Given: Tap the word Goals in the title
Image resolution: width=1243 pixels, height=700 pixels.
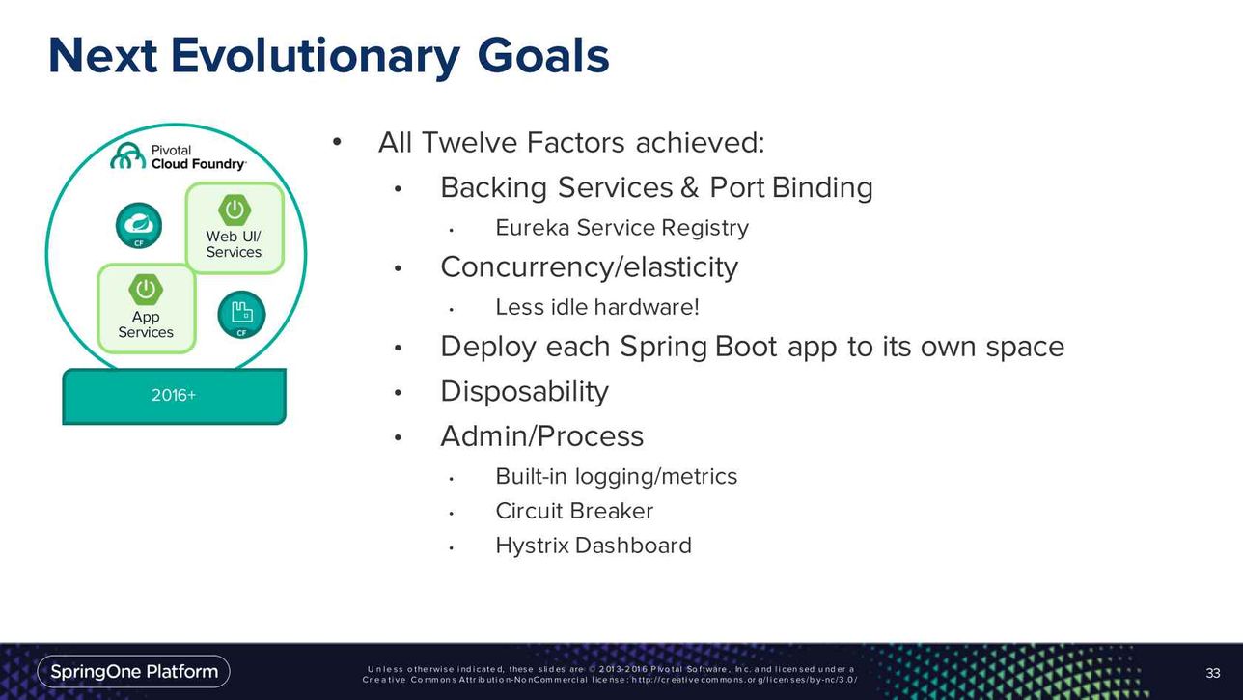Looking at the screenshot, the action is pyautogui.click(x=543, y=55).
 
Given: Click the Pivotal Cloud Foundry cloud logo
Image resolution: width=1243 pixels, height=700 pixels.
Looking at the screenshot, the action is pyautogui.click(x=128, y=155).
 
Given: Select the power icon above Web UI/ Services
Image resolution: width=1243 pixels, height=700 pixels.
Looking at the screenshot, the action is pyautogui.click(x=235, y=210).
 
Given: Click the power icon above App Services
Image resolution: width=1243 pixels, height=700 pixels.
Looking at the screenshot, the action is pyautogui.click(x=146, y=290).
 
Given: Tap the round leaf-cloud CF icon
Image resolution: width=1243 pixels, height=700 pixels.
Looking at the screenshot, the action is pyautogui.click(x=139, y=225).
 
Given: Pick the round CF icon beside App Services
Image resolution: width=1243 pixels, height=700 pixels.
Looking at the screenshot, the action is pyautogui.click(x=241, y=315).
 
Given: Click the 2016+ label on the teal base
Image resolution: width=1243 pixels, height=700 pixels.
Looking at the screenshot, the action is pyautogui.click(x=174, y=395).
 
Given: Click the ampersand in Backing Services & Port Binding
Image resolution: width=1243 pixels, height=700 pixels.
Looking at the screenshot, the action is pyautogui.click(x=689, y=187).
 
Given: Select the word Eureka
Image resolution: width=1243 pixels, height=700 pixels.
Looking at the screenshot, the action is pyautogui.click(x=532, y=228).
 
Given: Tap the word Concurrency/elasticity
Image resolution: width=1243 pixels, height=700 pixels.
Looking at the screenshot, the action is pyautogui.click(x=590, y=267).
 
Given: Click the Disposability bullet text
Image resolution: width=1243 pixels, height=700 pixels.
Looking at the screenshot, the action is pyautogui.click(x=524, y=392).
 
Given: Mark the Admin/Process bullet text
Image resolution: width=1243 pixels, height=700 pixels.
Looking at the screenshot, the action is pyautogui.click(x=542, y=435).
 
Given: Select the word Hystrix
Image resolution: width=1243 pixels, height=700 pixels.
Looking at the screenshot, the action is pyautogui.click(x=532, y=546).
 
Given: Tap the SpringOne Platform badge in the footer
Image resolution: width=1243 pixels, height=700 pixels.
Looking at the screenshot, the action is pyautogui.click(x=134, y=672).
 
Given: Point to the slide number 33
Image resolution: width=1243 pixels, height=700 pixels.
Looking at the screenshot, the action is pyautogui.click(x=1213, y=673).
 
